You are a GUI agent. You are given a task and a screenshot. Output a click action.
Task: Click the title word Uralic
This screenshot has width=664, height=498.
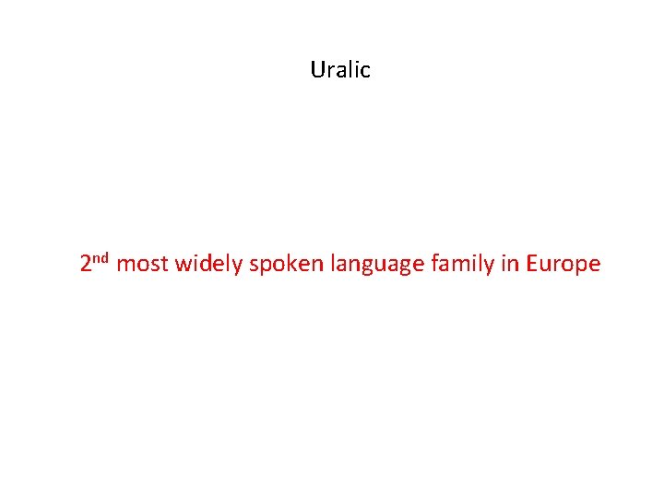coord(340,70)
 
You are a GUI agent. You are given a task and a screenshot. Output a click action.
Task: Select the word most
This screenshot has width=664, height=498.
coord(143,266)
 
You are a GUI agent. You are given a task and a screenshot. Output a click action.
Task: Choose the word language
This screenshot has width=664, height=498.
coord(373,266)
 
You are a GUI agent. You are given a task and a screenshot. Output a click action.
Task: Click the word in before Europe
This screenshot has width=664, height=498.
coord(510,265)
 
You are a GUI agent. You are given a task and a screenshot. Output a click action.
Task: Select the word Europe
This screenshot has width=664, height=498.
coord(563,266)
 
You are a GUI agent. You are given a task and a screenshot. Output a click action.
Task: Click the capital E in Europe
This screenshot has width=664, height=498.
coord(532,265)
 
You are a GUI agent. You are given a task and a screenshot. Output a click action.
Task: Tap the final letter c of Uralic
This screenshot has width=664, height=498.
coord(365,71)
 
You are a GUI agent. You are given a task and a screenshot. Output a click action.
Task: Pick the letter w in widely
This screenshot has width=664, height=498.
coord(182,266)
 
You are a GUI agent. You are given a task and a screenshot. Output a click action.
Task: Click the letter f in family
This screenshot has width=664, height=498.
coord(433,264)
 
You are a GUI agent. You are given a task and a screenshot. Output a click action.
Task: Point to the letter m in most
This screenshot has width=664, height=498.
coord(126,266)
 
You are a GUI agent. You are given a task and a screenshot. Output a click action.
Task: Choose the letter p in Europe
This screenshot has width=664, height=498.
coord(582,267)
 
